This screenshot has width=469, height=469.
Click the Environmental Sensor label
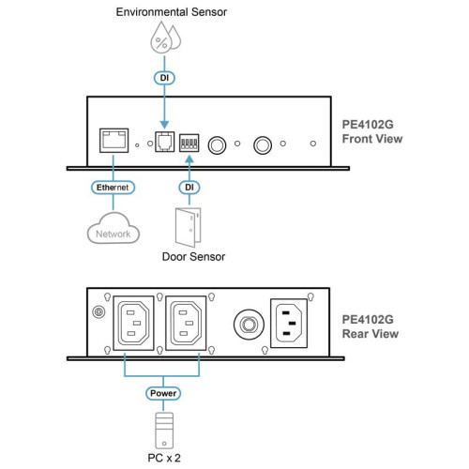click(x=172, y=12)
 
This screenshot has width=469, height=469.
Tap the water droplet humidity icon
click(x=165, y=38)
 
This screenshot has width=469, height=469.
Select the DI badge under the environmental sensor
click(x=164, y=78)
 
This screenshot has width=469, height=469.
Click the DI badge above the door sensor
click(x=189, y=188)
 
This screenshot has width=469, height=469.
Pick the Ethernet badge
click(x=113, y=188)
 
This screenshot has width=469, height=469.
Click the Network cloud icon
click(x=113, y=228)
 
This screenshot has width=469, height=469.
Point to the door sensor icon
click(x=189, y=227)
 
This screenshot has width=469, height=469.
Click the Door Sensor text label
click(x=193, y=257)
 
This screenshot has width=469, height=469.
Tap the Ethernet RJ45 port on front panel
click(x=113, y=141)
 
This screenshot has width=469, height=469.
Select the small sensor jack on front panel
click(x=165, y=142)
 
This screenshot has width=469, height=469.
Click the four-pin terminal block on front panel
click(x=189, y=143)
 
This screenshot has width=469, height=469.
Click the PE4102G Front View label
click(x=372, y=131)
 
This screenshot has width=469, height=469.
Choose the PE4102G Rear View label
click(x=371, y=326)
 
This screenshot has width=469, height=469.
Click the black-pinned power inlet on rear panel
click(x=289, y=323)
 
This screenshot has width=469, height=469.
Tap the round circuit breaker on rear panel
click(x=249, y=325)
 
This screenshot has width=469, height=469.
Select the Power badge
click(x=163, y=393)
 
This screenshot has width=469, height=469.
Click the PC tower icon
click(x=164, y=431)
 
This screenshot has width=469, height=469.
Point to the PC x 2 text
click(x=164, y=458)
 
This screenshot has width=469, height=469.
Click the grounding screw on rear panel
click(x=99, y=312)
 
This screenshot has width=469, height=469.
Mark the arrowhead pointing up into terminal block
click(x=189, y=159)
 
